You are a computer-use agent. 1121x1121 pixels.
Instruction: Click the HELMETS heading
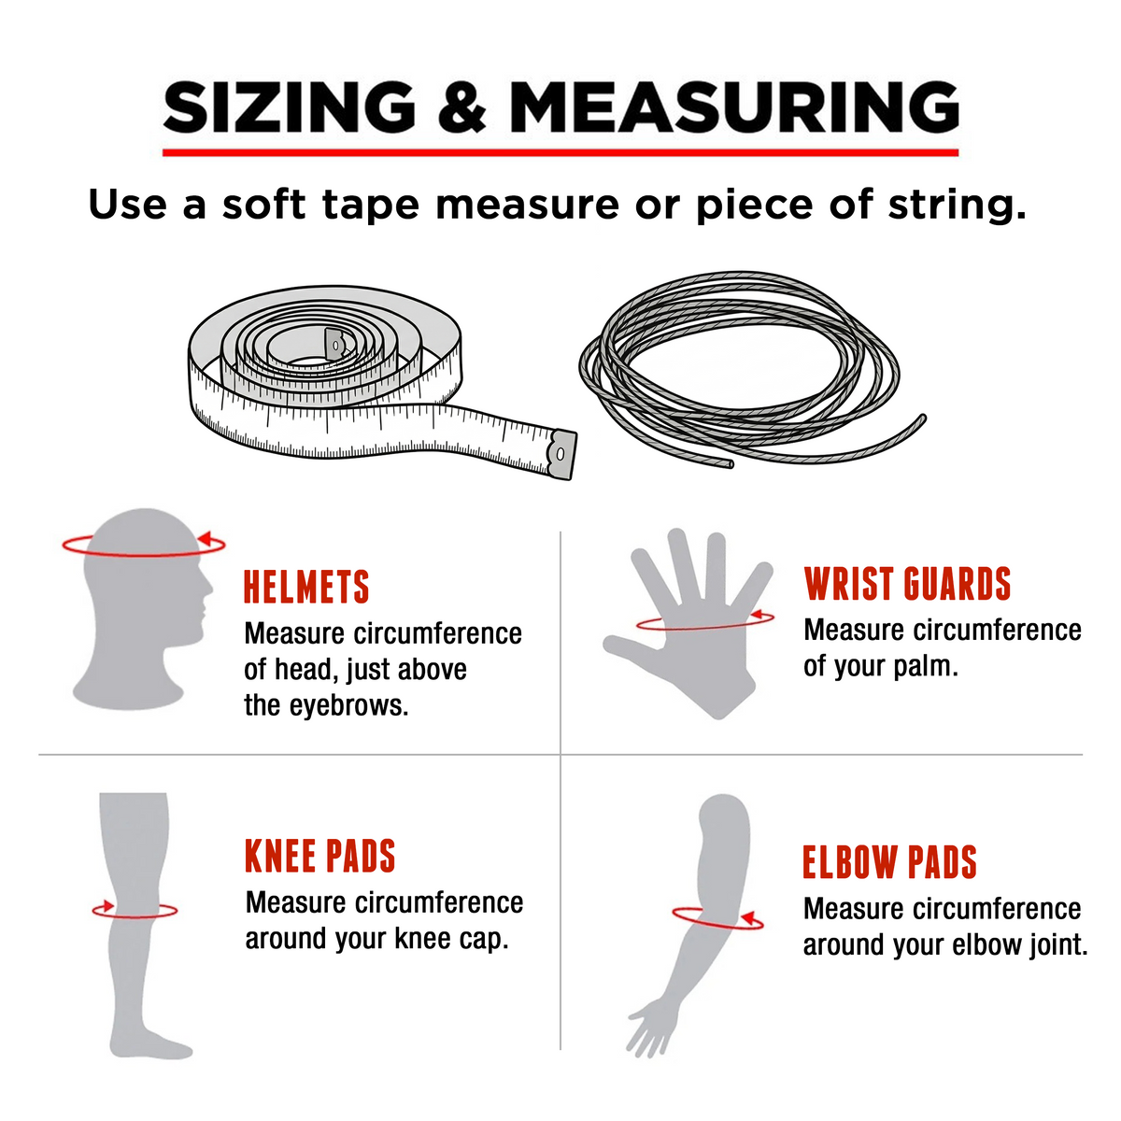(306, 587)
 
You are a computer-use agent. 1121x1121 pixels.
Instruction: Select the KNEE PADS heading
(320, 856)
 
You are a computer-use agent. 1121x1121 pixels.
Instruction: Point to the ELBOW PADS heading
(889, 861)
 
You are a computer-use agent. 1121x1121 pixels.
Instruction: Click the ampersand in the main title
(461, 106)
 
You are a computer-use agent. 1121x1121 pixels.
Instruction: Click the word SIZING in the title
(289, 106)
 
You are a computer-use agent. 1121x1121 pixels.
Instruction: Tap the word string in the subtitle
(957, 206)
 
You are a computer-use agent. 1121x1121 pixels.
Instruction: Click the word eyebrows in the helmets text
(349, 706)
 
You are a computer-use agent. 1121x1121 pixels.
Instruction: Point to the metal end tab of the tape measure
(562, 454)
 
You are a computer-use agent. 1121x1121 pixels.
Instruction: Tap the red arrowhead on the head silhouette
(205, 538)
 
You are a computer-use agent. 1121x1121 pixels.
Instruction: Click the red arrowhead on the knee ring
(106, 906)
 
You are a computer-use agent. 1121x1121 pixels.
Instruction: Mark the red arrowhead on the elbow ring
(750, 918)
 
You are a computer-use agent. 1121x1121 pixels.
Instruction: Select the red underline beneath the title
(560, 152)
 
